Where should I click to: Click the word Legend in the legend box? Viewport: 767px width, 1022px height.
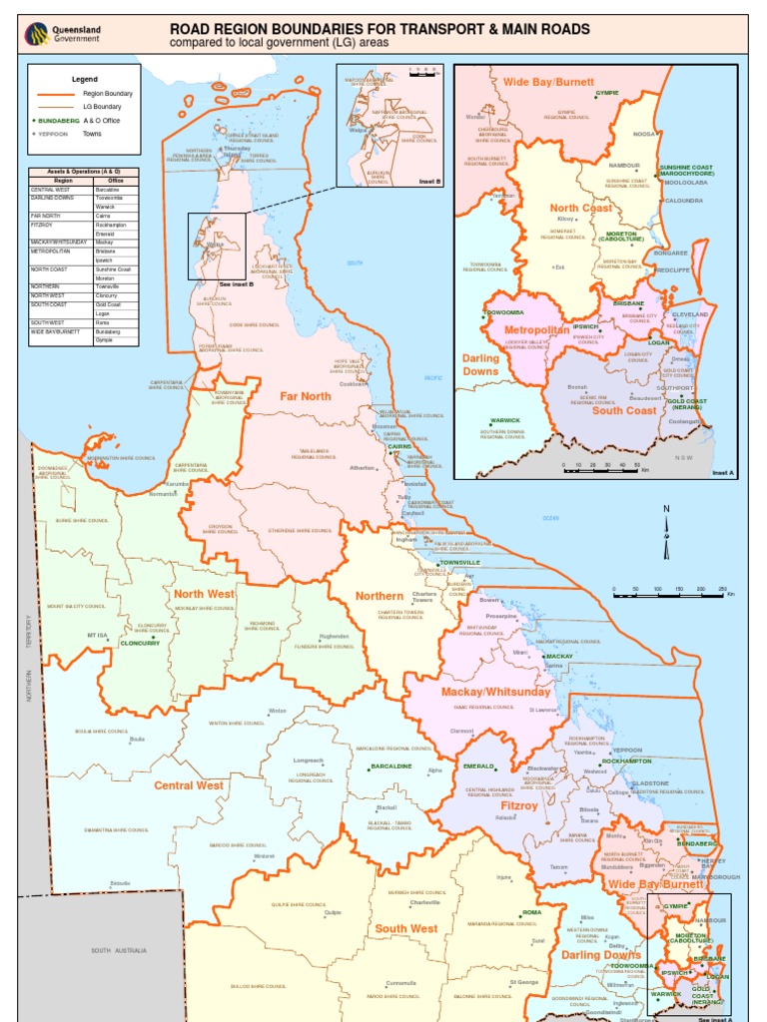[x=85, y=78]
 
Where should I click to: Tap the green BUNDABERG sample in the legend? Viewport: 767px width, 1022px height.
[x=52, y=119]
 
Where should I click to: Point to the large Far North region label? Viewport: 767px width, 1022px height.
[x=305, y=396]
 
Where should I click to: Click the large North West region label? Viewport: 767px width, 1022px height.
[x=204, y=594]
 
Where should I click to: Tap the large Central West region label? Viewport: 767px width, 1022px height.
[x=188, y=785]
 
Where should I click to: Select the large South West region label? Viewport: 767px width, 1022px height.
[x=405, y=929]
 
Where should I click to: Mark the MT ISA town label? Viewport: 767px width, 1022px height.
[x=97, y=635]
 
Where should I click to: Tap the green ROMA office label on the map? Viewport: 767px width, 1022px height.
[x=530, y=912]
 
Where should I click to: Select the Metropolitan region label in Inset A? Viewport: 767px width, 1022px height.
[x=536, y=329]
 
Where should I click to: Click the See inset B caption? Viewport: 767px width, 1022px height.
[x=237, y=284]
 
